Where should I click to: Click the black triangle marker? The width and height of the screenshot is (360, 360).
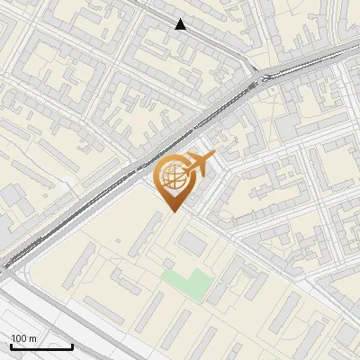(181, 24)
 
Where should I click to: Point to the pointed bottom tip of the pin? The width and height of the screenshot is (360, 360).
(172, 212)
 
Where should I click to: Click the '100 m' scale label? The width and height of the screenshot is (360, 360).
(24, 338)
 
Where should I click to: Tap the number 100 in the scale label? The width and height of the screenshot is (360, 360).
(20, 338)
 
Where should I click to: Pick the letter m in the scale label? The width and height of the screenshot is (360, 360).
(34, 338)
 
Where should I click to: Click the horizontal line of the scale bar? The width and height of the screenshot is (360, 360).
(41, 346)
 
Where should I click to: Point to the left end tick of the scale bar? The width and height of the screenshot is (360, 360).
(11, 345)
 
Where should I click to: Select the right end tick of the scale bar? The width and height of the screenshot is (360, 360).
(72, 345)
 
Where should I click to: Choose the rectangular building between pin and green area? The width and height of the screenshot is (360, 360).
(193, 243)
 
